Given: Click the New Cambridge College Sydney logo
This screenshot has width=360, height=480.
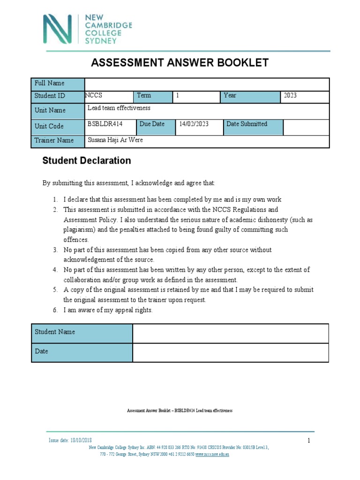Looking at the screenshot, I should tap(87, 29).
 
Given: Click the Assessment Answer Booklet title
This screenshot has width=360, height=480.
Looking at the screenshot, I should tap(180, 63).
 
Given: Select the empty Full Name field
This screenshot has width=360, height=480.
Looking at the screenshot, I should tap(206, 84).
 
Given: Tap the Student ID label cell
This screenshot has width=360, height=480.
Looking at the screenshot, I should tap(57, 97).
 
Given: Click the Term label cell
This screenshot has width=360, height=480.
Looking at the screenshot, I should tap(153, 96).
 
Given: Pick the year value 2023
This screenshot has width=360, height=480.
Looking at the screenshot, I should tap(291, 96).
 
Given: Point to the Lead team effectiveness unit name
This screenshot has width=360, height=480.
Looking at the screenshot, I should tap(119, 108).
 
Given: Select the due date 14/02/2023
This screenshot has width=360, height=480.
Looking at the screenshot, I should tap(193, 124).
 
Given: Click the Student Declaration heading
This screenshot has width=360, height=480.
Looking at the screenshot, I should tap(87, 161).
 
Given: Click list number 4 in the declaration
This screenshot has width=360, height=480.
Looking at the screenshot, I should tap(55, 270).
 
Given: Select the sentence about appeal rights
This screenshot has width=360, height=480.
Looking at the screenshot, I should tap(108, 310).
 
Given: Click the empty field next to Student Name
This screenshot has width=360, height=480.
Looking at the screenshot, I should tap(231, 333).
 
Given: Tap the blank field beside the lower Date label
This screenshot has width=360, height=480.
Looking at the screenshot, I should tap(231, 352).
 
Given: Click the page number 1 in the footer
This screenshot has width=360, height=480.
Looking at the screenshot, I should tap(309, 441).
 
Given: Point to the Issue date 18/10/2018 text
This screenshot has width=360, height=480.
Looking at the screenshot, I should tap(70, 441).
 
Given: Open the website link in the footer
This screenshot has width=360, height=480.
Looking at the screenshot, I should tap(212, 454).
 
